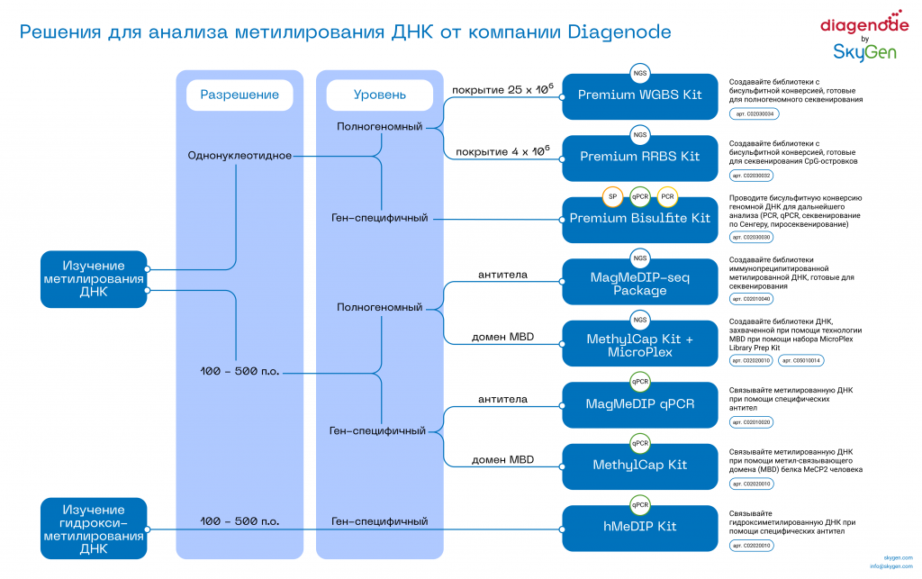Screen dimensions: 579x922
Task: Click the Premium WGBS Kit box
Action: (639, 95)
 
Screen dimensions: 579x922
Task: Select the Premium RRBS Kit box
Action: (639, 157)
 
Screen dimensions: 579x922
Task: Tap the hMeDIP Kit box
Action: (639, 527)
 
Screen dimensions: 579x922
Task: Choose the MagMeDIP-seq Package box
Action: (639, 284)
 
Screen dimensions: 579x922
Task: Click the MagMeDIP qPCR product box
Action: (639, 404)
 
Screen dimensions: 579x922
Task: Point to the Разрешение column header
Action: (240, 95)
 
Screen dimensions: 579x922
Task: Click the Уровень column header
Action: (379, 95)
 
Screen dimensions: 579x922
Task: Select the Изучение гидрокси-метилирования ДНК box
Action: (94, 529)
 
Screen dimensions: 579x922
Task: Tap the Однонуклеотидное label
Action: (240, 156)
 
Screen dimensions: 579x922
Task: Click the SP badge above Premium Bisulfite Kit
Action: (612, 196)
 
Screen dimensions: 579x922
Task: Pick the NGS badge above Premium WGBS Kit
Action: (639, 74)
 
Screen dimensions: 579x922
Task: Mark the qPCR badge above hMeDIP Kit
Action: (639, 504)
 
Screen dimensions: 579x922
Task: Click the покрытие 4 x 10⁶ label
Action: (502, 150)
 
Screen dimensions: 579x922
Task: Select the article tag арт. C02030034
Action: (755, 114)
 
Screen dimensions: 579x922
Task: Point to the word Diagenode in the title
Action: (619, 32)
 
